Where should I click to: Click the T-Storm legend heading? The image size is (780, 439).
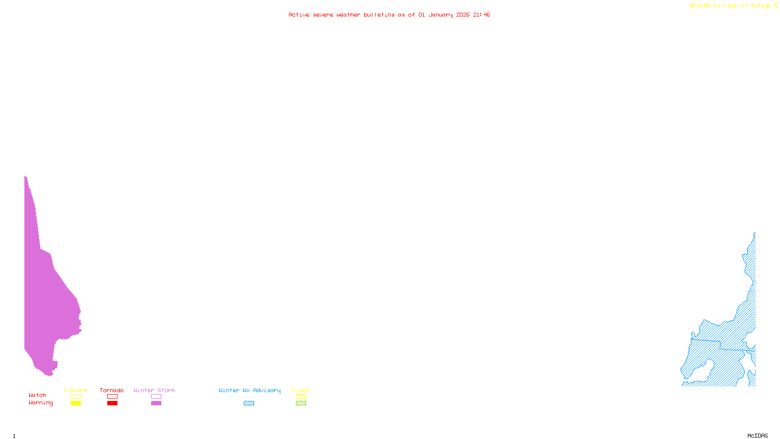tap(75, 390)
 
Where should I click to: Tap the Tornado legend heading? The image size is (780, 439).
tap(112, 390)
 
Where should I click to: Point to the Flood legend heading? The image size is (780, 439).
tap(301, 390)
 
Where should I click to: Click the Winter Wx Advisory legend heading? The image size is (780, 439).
tap(250, 390)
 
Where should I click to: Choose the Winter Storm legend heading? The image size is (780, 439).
tap(154, 390)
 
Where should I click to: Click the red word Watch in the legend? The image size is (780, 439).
tap(38, 395)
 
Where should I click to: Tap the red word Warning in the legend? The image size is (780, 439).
tap(41, 403)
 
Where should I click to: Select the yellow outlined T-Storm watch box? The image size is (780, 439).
tap(76, 397)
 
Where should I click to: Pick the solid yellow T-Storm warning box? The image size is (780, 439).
tap(76, 403)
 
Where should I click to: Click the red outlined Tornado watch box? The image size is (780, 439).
tap(112, 397)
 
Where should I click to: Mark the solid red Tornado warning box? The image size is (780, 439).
tap(112, 403)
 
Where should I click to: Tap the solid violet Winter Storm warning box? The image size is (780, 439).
tap(156, 403)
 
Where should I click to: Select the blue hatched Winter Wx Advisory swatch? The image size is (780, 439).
tap(249, 403)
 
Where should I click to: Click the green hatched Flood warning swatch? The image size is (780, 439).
tap(301, 403)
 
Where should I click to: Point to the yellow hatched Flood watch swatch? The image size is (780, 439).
tap(301, 397)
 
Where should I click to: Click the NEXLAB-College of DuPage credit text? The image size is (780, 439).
tap(731, 6)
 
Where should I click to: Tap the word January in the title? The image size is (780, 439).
tap(441, 15)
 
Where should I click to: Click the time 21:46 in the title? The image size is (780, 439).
tap(481, 15)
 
